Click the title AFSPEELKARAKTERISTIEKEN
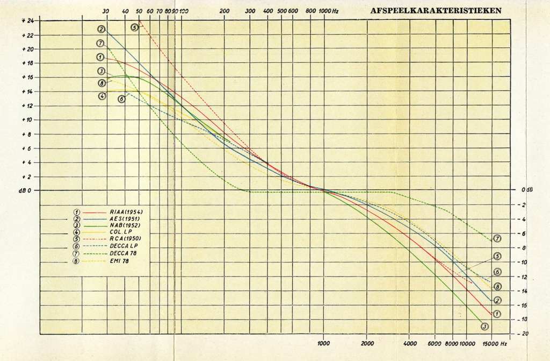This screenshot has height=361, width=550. (436, 10)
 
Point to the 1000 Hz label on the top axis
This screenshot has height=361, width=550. (329, 11)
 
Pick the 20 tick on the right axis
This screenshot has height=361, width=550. (524, 334)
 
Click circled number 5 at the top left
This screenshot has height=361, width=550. (135, 27)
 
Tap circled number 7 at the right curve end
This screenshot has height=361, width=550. (497, 238)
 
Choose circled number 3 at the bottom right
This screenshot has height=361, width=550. (485, 326)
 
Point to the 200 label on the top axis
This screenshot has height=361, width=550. (225, 11)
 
